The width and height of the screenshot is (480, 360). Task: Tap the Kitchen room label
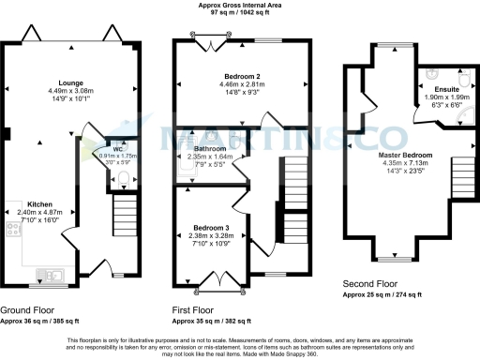point(38,203)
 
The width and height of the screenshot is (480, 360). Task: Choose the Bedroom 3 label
point(209,228)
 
